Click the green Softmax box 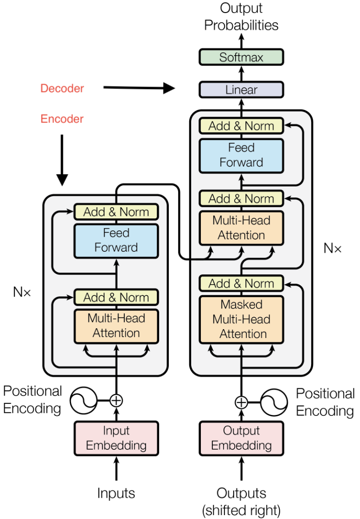(x=241, y=57)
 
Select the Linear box (x=241, y=90)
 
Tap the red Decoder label (x=62, y=89)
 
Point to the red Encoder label (x=62, y=119)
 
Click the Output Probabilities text (x=241, y=17)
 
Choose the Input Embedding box (x=116, y=438)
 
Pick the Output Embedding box (x=241, y=438)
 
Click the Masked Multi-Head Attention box (x=241, y=319)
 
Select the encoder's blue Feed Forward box (x=116, y=240)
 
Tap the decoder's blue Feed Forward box (x=241, y=155)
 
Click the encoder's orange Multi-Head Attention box (x=116, y=325)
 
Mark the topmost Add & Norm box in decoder (x=241, y=126)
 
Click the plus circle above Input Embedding (x=116, y=400)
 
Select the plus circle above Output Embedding (x=241, y=402)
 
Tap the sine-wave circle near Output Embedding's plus (x=274, y=402)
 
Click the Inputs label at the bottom (x=116, y=493)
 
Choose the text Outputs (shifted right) (x=241, y=501)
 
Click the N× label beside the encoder (x=22, y=292)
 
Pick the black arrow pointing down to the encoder (x=62, y=160)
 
